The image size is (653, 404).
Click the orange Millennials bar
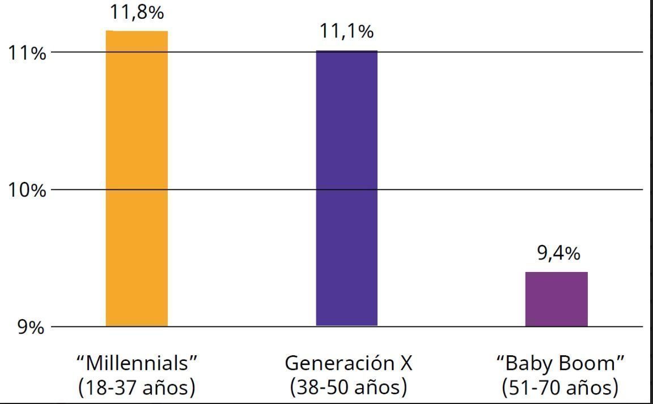pyautogui.click(x=137, y=178)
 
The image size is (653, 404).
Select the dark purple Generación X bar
pyautogui.click(x=346, y=188)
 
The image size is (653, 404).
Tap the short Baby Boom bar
pyautogui.click(x=556, y=299)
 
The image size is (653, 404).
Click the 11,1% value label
pyautogui.click(x=346, y=31)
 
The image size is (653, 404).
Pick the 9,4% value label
pyautogui.click(x=558, y=253)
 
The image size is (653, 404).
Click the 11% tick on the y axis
pyautogui.click(x=26, y=53)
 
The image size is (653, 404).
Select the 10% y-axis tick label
pyautogui.click(x=26, y=190)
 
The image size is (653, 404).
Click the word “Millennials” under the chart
pyautogui.click(x=139, y=362)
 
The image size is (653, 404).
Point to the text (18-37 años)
pyautogui.click(x=137, y=388)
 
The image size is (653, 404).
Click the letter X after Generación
pyautogui.click(x=405, y=363)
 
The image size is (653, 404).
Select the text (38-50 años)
pyautogui.click(x=348, y=388)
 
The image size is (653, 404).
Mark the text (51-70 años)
pyautogui.click(x=559, y=388)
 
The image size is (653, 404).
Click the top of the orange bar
pyautogui.click(x=137, y=32)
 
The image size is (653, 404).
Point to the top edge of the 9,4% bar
pyautogui.click(x=556, y=273)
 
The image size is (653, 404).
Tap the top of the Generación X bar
pyautogui.click(x=346, y=51)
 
